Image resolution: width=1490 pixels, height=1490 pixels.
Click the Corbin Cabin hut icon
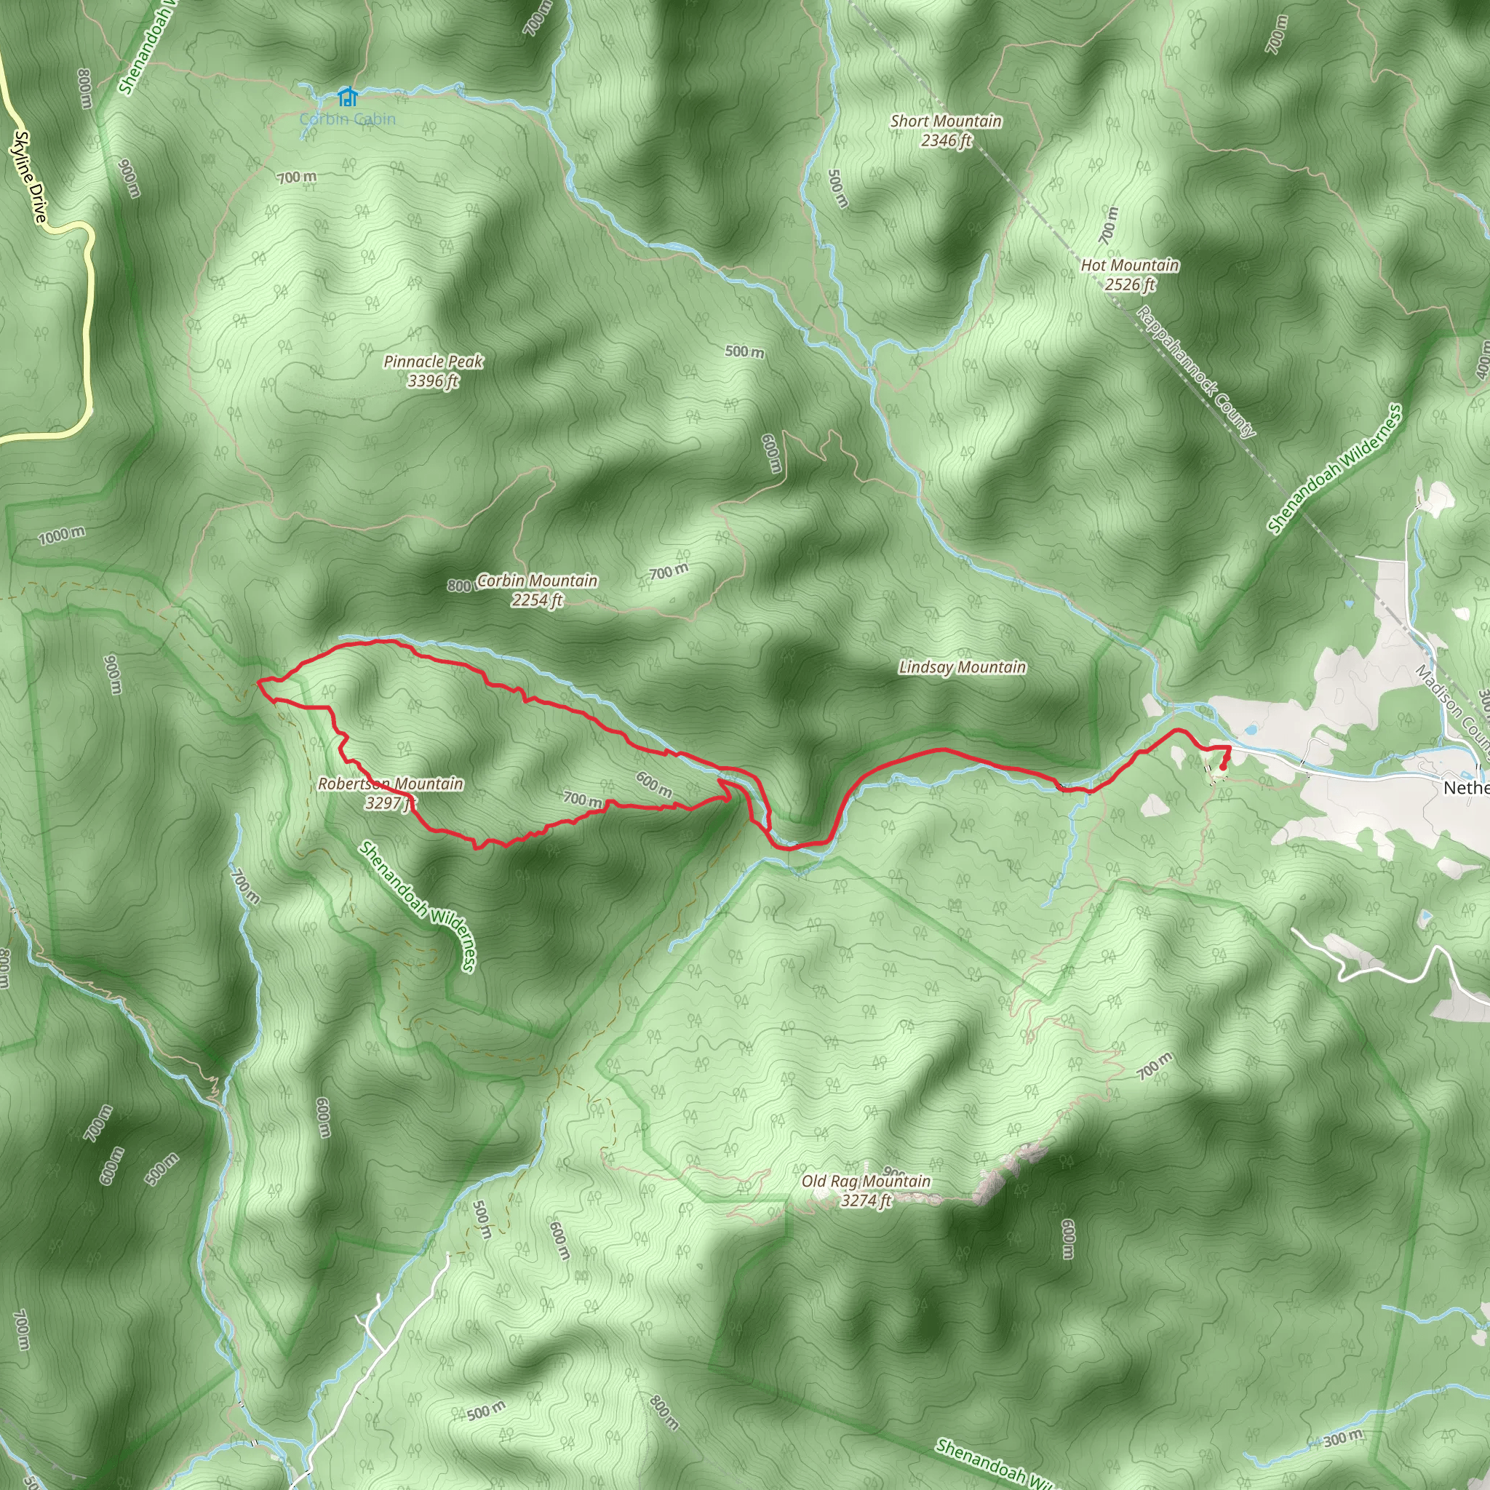pyautogui.click(x=348, y=97)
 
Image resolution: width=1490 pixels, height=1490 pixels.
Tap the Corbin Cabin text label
pyautogui.click(x=347, y=119)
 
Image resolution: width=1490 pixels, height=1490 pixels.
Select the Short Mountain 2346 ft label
pyautogui.click(x=946, y=130)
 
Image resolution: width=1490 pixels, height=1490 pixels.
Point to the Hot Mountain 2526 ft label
pyautogui.click(x=1130, y=274)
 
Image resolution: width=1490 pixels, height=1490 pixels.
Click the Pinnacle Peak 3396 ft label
pyautogui.click(x=434, y=370)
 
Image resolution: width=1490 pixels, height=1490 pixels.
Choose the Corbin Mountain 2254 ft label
pyautogui.click(x=537, y=589)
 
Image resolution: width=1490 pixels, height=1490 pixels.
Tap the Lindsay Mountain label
pyautogui.click(x=963, y=667)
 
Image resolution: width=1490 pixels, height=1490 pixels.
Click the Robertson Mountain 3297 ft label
pyautogui.click(x=391, y=793)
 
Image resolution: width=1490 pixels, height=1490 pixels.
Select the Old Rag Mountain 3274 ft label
pyautogui.click(x=866, y=1190)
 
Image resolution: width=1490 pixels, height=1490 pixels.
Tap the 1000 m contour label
pyautogui.click(x=62, y=535)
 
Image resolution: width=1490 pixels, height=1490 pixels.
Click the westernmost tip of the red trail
pyautogui.click(x=258, y=682)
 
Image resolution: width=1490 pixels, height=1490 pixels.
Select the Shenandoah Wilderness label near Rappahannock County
pyautogui.click(x=1334, y=469)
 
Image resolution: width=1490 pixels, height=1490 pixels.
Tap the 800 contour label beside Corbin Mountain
pyautogui.click(x=458, y=586)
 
